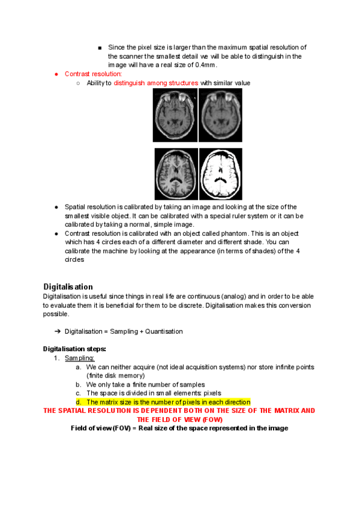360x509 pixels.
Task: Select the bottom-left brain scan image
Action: point(175,174)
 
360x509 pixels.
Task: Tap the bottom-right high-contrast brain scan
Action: point(220,174)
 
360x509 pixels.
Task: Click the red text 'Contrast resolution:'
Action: point(93,74)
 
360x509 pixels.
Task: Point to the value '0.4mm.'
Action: point(205,65)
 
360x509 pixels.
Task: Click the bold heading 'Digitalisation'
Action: point(68,286)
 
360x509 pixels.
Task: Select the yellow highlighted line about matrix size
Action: point(168,402)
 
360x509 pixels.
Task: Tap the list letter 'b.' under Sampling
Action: point(79,384)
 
